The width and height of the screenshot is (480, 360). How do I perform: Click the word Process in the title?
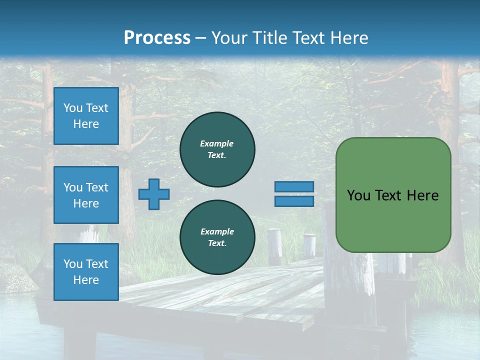[157, 38]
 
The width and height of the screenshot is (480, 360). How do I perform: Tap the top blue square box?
[86, 116]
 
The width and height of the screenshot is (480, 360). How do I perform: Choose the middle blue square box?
[86, 195]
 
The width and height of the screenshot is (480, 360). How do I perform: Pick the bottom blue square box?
[86, 272]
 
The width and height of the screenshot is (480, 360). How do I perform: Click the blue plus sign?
[154, 194]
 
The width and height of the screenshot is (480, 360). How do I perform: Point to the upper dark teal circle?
[217, 149]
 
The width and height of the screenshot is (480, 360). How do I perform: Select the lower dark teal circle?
[217, 237]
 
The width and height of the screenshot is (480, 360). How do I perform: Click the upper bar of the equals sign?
[294, 186]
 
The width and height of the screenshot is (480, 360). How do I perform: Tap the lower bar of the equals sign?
[294, 201]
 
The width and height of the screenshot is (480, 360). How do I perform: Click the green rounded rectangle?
[393, 195]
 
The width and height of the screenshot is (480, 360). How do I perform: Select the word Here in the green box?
[423, 195]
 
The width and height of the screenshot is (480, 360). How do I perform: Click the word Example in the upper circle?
[216, 143]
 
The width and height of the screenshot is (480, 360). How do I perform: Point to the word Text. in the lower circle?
[217, 243]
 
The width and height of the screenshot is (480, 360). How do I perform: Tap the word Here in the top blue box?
[86, 124]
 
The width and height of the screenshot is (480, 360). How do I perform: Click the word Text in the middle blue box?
[96, 187]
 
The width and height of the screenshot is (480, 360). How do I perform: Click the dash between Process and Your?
[200, 38]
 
